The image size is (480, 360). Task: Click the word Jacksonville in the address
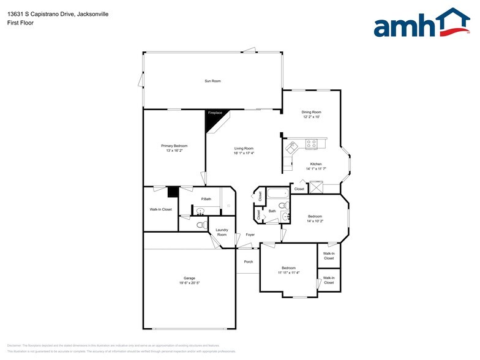click(x=89, y=13)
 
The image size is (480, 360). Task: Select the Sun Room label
click(x=212, y=81)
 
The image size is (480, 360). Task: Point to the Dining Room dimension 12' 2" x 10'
click(x=311, y=117)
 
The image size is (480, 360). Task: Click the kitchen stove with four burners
click(x=311, y=144)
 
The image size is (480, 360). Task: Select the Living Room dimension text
click(x=243, y=153)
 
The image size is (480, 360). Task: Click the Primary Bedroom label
click(x=174, y=146)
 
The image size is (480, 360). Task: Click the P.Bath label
click(x=206, y=199)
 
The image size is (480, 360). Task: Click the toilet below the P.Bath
click(x=200, y=225)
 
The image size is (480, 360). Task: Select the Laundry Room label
click(x=222, y=233)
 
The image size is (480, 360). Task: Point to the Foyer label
click(x=250, y=234)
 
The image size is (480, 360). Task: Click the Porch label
click(x=248, y=261)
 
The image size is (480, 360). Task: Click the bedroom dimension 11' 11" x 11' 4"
click(x=288, y=272)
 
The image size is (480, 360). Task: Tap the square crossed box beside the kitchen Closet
click(x=317, y=189)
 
